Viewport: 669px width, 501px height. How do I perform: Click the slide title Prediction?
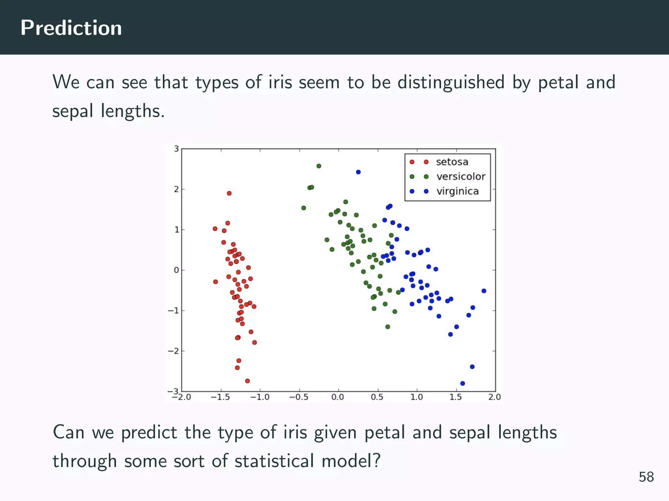(71, 28)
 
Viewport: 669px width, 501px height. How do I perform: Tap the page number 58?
(646, 477)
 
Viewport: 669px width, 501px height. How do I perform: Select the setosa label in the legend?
(452, 162)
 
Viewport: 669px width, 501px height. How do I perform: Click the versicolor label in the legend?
(461, 176)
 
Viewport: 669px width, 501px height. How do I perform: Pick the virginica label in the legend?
(458, 191)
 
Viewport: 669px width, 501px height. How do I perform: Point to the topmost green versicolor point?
(319, 166)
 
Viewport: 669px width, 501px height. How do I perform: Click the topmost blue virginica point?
(358, 172)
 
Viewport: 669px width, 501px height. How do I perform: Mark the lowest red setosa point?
(247, 381)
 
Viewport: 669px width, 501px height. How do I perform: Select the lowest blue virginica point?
(463, 384)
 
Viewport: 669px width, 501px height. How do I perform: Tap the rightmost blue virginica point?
(484, 291)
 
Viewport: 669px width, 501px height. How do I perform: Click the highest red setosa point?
(229, 193)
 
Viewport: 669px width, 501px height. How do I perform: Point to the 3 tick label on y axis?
(176, 149)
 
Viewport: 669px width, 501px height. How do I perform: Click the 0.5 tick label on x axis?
(377, 397)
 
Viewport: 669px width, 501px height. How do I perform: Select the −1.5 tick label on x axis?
(220, 397)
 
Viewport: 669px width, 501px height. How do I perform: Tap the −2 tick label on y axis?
(174, 351)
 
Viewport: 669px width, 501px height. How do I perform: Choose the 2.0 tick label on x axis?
(495, 397)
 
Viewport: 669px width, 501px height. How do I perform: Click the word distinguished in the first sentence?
(451, 82)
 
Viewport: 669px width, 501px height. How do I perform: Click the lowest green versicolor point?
(388, 327)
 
